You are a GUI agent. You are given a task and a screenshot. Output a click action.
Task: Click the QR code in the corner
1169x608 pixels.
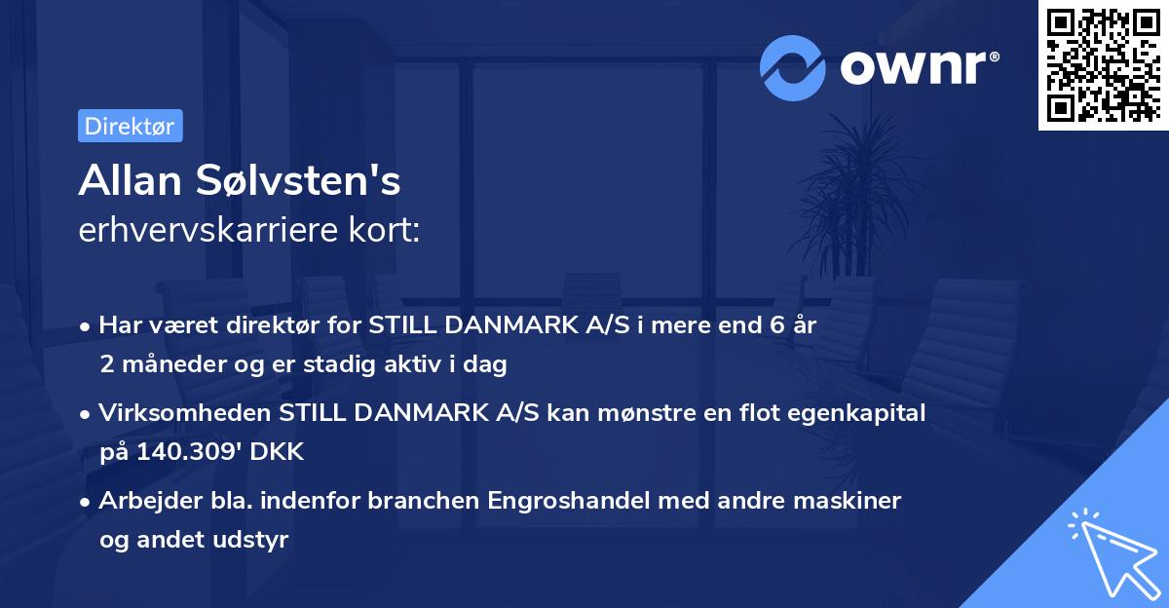[1104, 65]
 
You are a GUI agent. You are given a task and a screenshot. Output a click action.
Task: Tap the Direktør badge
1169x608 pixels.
[130, 126]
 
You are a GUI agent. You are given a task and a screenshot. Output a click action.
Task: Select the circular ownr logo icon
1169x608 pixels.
[793, 67]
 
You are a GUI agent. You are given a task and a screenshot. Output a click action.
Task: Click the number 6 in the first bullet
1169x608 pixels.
[776, 325]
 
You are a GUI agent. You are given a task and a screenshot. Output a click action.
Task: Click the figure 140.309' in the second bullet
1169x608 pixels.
[184, 452]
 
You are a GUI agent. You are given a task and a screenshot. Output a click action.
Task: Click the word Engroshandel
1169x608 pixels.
[566, 500]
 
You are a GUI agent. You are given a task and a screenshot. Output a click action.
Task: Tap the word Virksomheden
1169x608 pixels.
[185, 413]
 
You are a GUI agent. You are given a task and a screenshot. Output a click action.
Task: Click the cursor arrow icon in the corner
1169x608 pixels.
[1111, 553]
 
